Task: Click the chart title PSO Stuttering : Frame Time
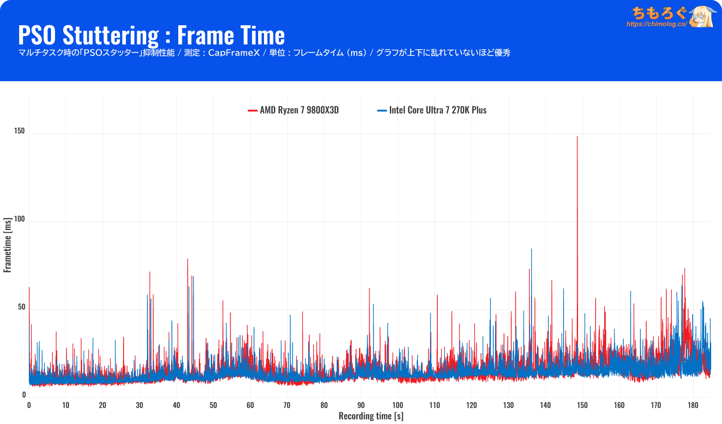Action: pos(151,35)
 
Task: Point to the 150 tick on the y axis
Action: pos(19,131)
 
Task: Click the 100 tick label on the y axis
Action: pos(19,219)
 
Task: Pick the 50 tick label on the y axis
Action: pos(22,307)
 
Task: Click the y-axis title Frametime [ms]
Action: pos(7,245)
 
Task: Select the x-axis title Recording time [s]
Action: pos(371,416)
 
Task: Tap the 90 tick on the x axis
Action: pos(361,405)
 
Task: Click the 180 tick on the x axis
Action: pos(693,405)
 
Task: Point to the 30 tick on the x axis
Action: pos(139,405)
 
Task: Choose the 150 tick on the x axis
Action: pos(583,405)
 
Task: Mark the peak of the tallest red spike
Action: pos(577,137)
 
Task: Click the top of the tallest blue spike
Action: pos(532,249)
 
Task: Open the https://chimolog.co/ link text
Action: pos(657,24)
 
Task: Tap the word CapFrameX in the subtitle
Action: pos(234,53)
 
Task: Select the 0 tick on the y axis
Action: pos(24,395)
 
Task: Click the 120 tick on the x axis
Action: pos(472,405)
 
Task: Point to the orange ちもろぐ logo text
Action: pos(659,13)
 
